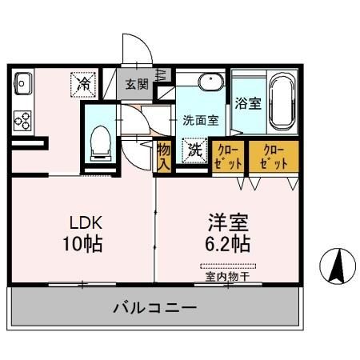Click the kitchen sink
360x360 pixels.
tap(21, 82)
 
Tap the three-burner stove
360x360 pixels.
tap(22, 120)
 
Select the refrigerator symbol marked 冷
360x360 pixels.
tap(83, 82)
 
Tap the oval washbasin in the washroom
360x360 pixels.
tap(210, 82)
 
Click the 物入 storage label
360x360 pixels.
tap(163, 156)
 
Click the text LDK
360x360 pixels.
tap(83, 222)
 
